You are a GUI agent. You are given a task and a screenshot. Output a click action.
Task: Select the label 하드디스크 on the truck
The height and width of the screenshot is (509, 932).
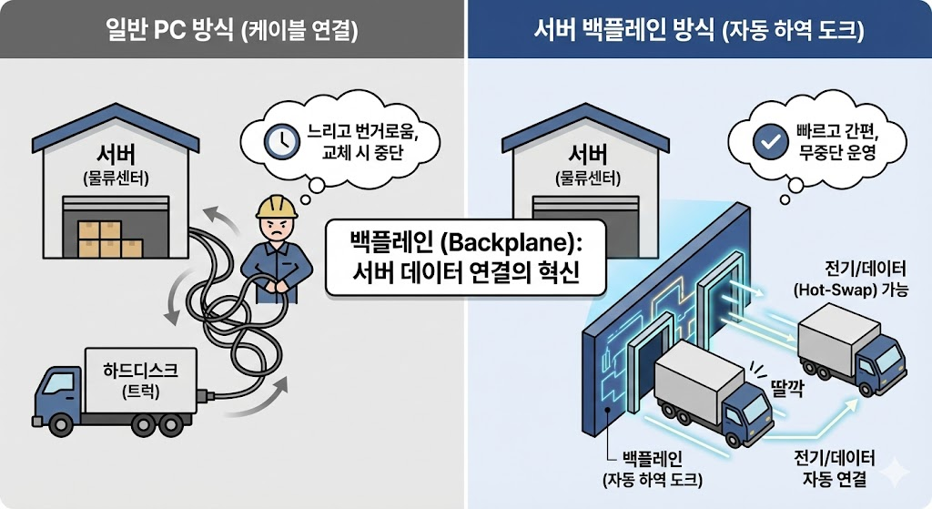137,369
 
